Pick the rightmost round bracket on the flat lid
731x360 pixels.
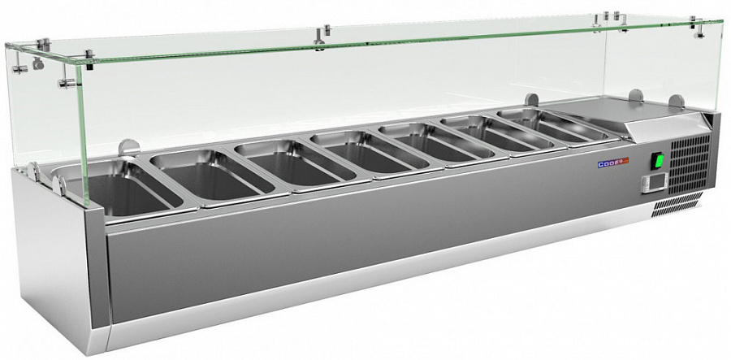675,102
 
